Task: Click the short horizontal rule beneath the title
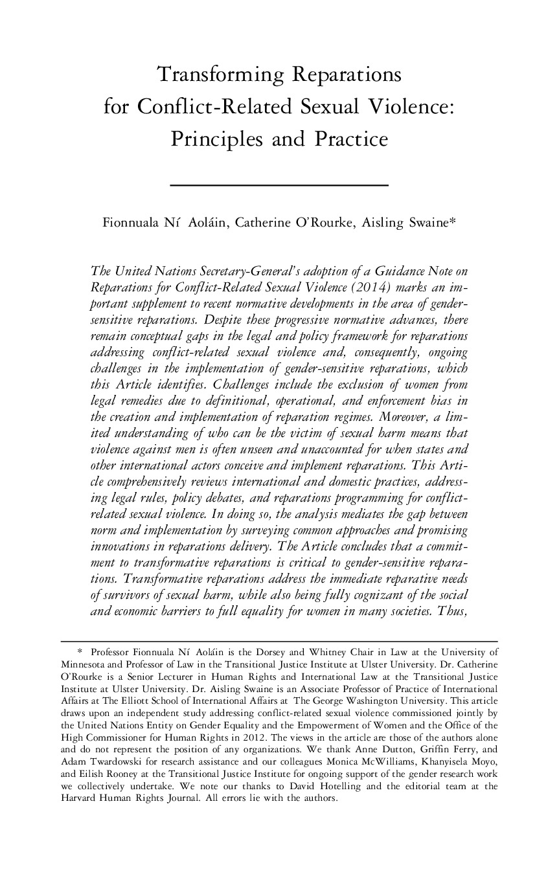(279, 186)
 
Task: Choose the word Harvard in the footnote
(77, 798)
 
